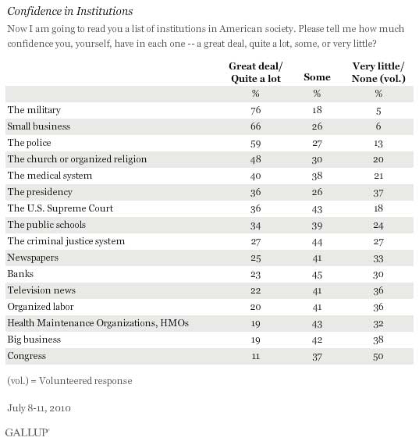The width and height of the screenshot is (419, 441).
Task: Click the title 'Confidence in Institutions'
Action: tap(70, 12)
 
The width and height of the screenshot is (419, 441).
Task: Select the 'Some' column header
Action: tap(317, 77)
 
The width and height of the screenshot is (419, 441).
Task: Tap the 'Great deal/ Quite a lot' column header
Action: tap(256, 73)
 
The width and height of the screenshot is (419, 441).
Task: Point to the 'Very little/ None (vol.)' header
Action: tap(378, 73)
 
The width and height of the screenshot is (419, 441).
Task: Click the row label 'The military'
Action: tap(34, 110)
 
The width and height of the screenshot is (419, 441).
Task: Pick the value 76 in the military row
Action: tap(256, 110)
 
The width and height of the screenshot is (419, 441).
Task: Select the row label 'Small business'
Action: tap(38, 126)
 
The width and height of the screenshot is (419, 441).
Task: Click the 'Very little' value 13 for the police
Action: tap(378, 144)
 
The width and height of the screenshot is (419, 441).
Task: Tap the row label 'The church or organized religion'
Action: tap(77, 159)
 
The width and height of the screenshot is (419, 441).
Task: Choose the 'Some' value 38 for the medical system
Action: tap(317, 176)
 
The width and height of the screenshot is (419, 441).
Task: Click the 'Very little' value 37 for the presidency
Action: tap(378, 193)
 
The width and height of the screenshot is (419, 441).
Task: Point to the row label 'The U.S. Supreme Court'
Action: tap(60, 208)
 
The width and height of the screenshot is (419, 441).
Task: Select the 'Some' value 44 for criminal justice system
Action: tap(317, 242)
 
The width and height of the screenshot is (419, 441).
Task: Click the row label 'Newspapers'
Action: tap(33, 258)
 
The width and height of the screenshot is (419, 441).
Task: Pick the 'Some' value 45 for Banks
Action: tap(317, 275)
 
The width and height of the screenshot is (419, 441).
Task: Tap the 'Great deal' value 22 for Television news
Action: tap(256, 291)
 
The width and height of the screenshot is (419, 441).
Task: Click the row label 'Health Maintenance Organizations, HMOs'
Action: tap(98, 323)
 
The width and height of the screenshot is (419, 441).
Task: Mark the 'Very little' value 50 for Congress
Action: tap(378, 357)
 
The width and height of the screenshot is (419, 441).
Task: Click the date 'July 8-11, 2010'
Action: tap(39, 408)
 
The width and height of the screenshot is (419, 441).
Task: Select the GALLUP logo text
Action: tap(27, 432)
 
